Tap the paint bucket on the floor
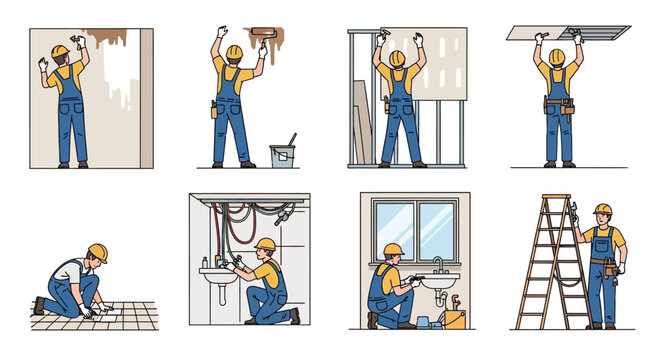[x=281, y=154]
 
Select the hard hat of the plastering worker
[x=60, y=51]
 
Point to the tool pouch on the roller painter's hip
[x=215, y=109]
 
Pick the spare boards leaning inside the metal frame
[x=360, y=120]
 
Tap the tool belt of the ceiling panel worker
[x=559, y=104]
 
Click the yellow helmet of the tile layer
[x=97, y=252]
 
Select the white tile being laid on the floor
[x=105, y=312]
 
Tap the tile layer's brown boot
[x=39, y=306]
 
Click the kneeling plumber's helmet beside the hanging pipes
[x=265, y=244]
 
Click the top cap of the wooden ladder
[x=556, y=197]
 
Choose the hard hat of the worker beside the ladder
[x=602, y=209]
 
